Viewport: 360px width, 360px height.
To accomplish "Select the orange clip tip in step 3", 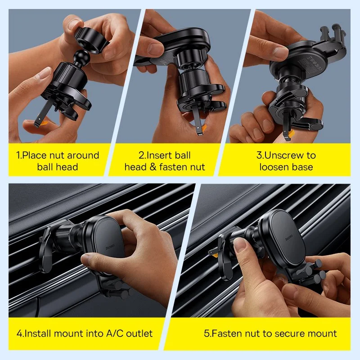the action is coord(291,134).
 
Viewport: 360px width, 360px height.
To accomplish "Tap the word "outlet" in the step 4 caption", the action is coord(139,333).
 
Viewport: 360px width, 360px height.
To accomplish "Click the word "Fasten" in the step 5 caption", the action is coord(227,333).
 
